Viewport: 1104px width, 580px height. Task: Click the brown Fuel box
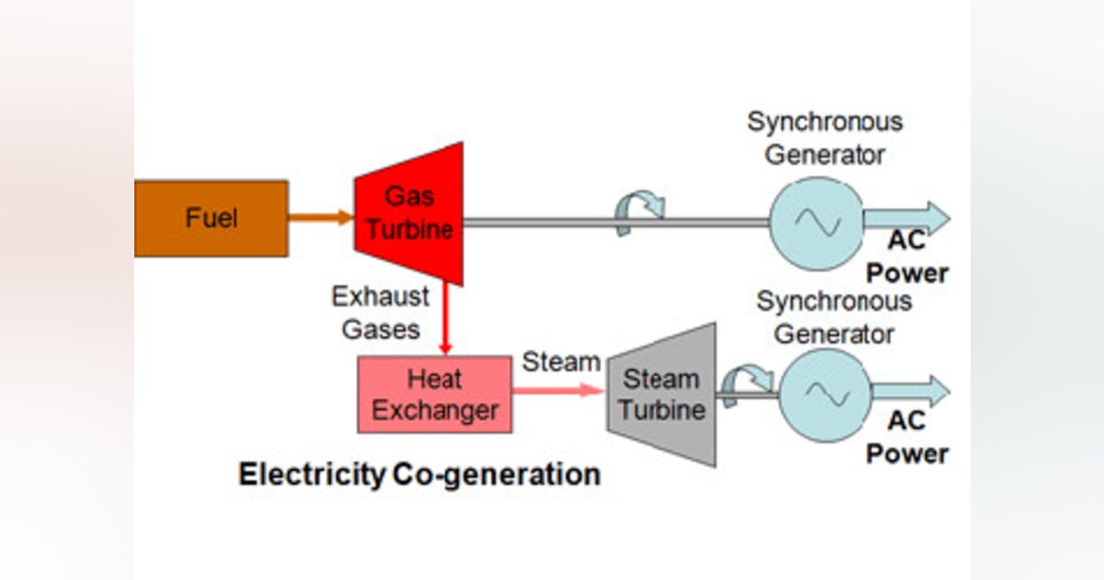[211, 218]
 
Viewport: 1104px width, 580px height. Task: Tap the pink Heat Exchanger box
[434, 394]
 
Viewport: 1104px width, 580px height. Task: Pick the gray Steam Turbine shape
[661, 393]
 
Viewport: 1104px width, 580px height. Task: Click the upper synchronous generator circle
[815, 222]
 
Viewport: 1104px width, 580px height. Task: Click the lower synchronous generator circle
[824, 393]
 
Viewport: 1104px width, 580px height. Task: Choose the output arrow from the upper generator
[906, 218]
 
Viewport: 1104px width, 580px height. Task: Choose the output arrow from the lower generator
[910, 391]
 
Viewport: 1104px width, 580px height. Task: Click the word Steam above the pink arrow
[561, 362]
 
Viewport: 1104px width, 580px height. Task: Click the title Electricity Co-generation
[420, 474]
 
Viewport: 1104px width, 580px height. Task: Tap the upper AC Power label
[908, 257]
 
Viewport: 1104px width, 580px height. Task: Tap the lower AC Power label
[908, 437]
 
